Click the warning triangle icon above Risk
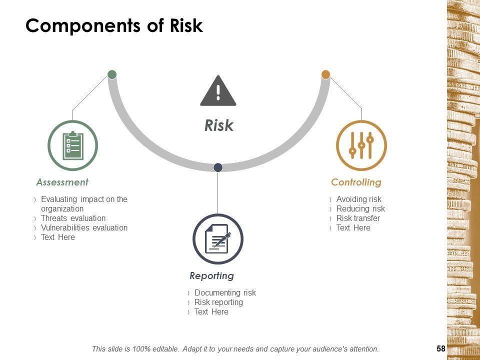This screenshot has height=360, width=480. pos(218,91)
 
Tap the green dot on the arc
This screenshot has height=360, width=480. pos(112,74)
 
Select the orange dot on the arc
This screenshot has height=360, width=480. pos(325,74)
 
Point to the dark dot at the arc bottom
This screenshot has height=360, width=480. pos(218,167)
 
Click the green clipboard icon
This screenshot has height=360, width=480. pos(73,145)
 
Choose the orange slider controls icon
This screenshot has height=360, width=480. pos(361,145)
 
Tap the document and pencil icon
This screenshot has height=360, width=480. pos(218,239)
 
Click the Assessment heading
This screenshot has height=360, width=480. pos(62,182)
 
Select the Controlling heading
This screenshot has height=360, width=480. pos(356,182)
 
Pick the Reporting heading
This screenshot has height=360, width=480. pos(211,276)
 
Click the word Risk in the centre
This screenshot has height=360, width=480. pos(219,125)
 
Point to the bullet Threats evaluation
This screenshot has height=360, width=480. pos(73,218)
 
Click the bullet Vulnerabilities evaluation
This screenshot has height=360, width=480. pos(84,228)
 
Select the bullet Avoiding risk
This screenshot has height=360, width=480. pos(359,199)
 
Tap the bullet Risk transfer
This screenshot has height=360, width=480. pos(358,218)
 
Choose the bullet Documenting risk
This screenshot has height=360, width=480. pos(225,293)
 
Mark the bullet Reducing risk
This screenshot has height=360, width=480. pos(360,209)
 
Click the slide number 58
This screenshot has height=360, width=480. pos(441,348)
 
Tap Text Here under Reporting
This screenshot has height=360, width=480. pos(211,312)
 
